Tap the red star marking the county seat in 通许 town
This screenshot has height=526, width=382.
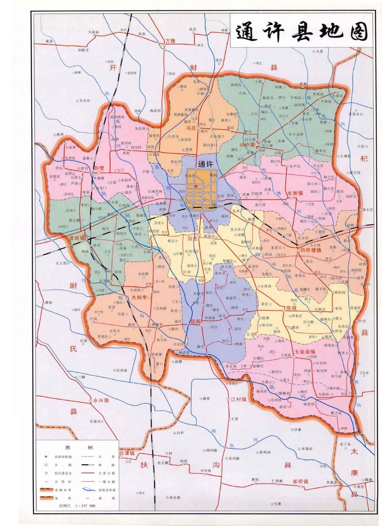coord(196,186)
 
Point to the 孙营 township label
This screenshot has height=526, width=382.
coord(100,168)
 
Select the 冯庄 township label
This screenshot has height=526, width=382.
coord(191,129)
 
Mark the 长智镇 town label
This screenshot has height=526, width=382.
coord(295,193)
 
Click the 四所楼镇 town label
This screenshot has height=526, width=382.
coord(310,250)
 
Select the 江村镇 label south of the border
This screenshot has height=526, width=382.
coord(238,400)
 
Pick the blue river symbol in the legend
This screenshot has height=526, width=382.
coord(89,489)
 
